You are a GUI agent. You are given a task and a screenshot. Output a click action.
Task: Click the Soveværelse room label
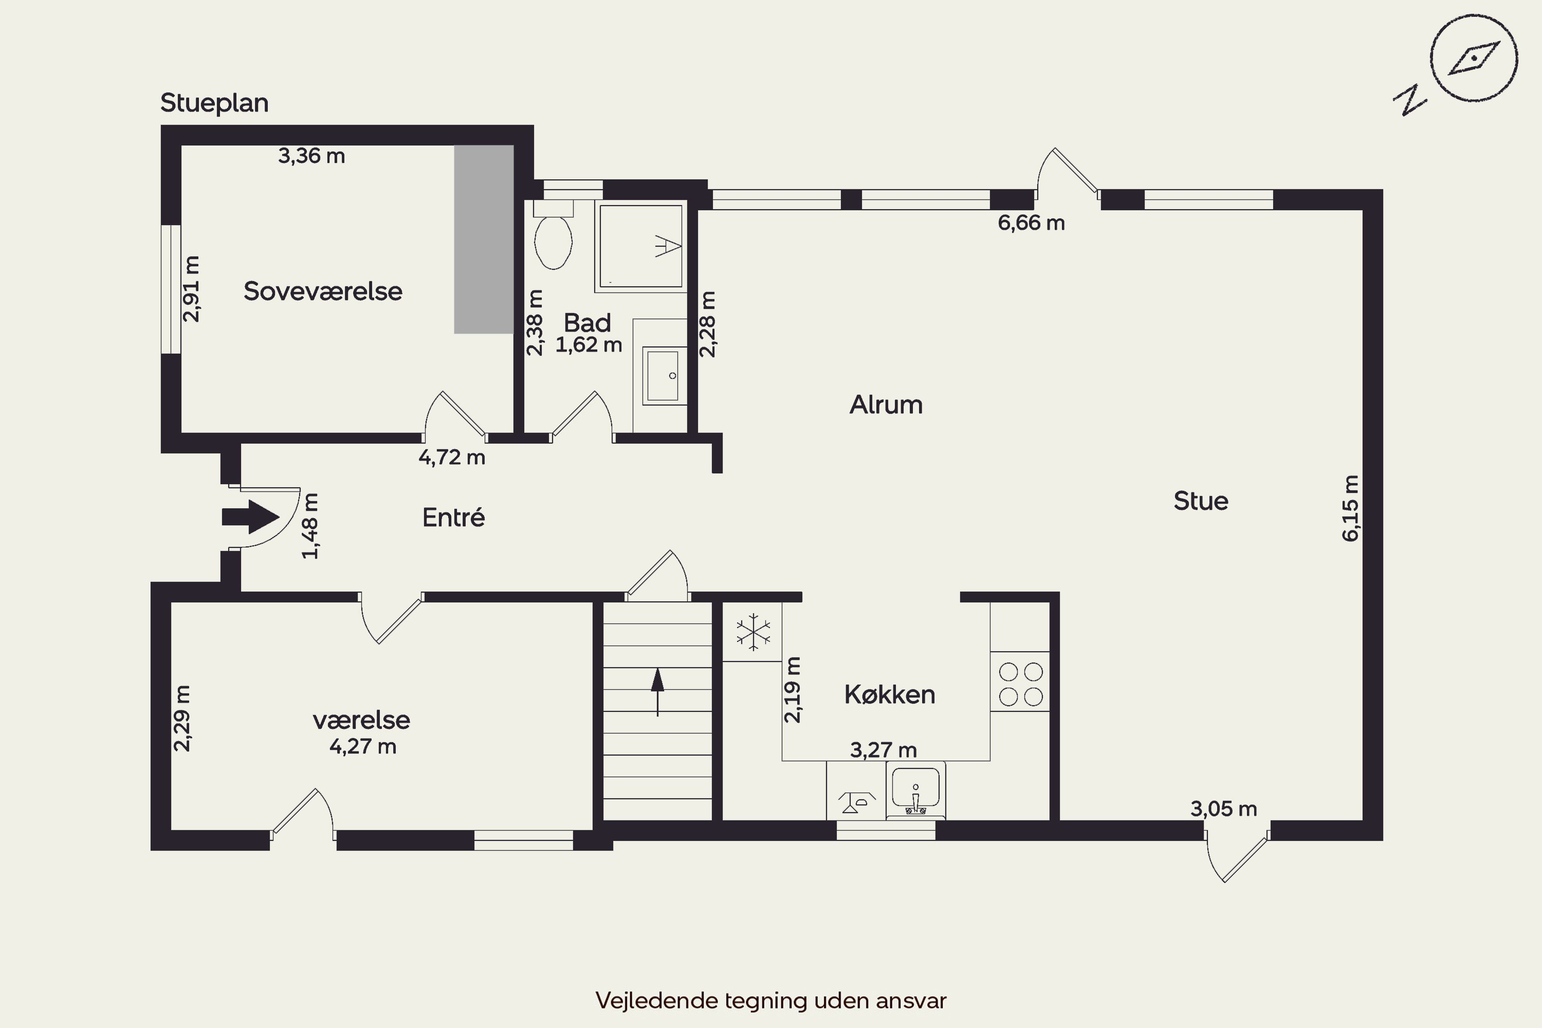point(323,291)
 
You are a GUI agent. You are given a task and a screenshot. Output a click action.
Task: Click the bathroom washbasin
point(664,376)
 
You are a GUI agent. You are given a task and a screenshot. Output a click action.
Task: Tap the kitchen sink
point(915,791)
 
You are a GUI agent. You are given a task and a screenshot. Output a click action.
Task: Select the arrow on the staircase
point(657,692)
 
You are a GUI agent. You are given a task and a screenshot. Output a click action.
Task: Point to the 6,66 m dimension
point(1031,223)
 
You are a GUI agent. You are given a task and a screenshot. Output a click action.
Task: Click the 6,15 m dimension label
point(1351,508)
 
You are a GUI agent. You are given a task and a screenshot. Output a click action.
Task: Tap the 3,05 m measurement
point(1224,809)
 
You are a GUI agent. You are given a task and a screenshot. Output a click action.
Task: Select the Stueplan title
point(214,103)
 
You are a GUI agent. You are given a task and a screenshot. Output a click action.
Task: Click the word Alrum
point(886,405)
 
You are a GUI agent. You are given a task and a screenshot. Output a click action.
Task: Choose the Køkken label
point(890,694)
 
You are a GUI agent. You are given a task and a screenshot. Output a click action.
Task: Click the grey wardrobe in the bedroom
point(484,240)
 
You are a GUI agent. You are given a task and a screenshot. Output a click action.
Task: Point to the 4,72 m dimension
point(452,457)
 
